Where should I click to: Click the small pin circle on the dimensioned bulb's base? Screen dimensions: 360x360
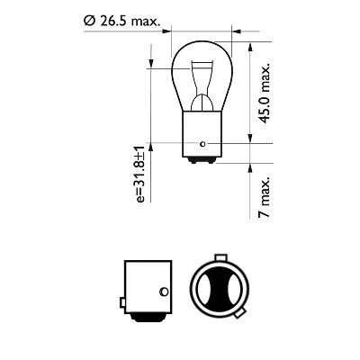point(206,141)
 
